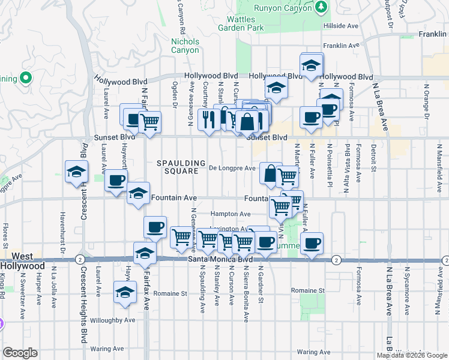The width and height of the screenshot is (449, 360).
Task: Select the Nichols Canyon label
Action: [x=185, y=46]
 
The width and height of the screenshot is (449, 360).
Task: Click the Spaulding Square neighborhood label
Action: [x=178, y=167]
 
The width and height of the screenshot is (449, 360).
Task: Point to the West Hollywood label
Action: [x=22, y=260]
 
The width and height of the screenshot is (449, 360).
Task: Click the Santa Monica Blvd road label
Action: [x=216, y=259]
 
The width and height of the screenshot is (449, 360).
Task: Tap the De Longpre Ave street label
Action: [x=232, y=169]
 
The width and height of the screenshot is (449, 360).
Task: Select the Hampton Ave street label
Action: [x=231, y=214]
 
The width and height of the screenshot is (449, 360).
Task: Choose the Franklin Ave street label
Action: [x=340, y=46]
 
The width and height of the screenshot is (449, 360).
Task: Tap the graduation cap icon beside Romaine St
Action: [x=125, y=292]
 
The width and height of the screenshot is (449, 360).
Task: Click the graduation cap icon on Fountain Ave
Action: [x=138, y=193]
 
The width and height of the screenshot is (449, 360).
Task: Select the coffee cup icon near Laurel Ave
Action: [x=116, y=179]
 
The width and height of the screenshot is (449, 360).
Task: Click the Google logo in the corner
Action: [x=20, y=353]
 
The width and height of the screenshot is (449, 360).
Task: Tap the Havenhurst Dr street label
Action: [x=62, y=227]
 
